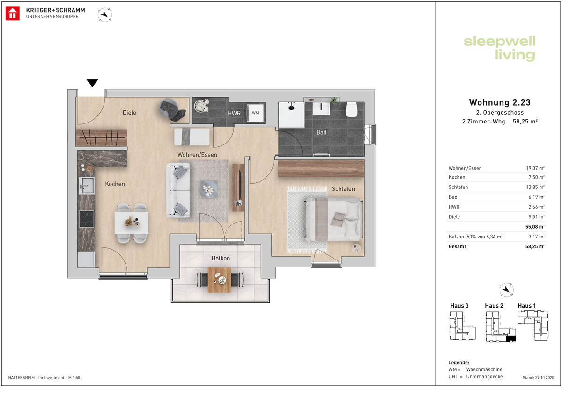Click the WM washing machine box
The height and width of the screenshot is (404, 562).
(255, 113)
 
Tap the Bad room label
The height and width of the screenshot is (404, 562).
(321, 132)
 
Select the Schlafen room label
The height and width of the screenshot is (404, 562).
(343, 189)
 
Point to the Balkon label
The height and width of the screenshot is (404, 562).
(221, 258)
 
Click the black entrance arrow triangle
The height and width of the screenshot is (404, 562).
(92, 83)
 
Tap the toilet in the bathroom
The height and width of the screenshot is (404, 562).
(351, 110)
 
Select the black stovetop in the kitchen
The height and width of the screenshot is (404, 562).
(87, 219)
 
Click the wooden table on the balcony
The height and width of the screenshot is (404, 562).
(220, 280)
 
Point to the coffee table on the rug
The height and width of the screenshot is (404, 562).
(209, 189)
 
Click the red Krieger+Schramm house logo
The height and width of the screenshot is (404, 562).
(13, 14)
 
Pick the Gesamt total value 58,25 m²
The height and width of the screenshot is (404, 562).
(535, 246)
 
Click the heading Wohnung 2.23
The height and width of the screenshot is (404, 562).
(500, 102)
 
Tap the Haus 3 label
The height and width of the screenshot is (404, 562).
(459, 306)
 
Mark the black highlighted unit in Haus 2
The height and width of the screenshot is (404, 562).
(511, 339)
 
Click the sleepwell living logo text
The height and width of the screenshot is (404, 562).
(500, 48)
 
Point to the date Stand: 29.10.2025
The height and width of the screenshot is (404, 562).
(538, 378)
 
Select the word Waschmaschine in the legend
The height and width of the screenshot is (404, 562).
(484, 369)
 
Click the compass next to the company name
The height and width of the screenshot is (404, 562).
(104, 15)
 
